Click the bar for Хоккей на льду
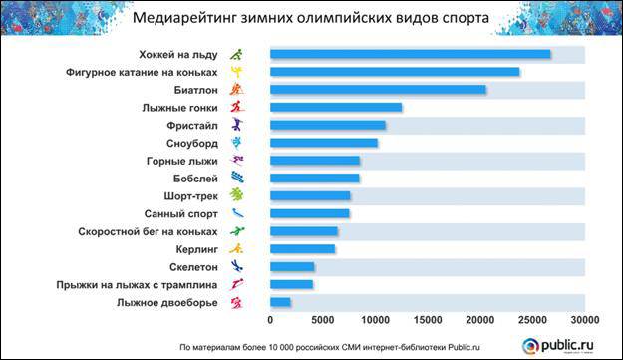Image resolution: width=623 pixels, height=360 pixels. pyautogui.click(x=410, y=54)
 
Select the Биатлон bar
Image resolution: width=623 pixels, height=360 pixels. pyautogui.click(x=378, y=90)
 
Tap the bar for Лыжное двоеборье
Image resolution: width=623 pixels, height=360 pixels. pyautogui.click(x=280, y=301)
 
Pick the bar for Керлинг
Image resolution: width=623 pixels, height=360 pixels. pyautogui.click(x=302, y=248)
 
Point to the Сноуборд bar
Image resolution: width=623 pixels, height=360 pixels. pyautogui.click(x=323, y=143)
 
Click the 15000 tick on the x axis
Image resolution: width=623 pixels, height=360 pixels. pyautogui.click(x=428, y=320)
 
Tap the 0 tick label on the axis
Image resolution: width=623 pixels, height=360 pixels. pyautogui.click(x=270, y=320)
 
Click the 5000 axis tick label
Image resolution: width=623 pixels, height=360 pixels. pyautogui.click(x=323, y=320)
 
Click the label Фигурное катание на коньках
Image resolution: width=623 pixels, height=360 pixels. pyautogui.click(x=143, y=72)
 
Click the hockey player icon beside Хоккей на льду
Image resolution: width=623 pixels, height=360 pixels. pyautogui.click(x=236, y=54)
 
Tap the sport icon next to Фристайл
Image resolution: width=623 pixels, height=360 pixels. pyautogui.click(x=236, y=125)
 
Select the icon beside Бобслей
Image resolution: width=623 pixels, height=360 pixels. pyautogui.click(x=236, y=178)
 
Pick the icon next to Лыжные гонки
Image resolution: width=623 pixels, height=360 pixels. pyautogui.click(x=236, y=107)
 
